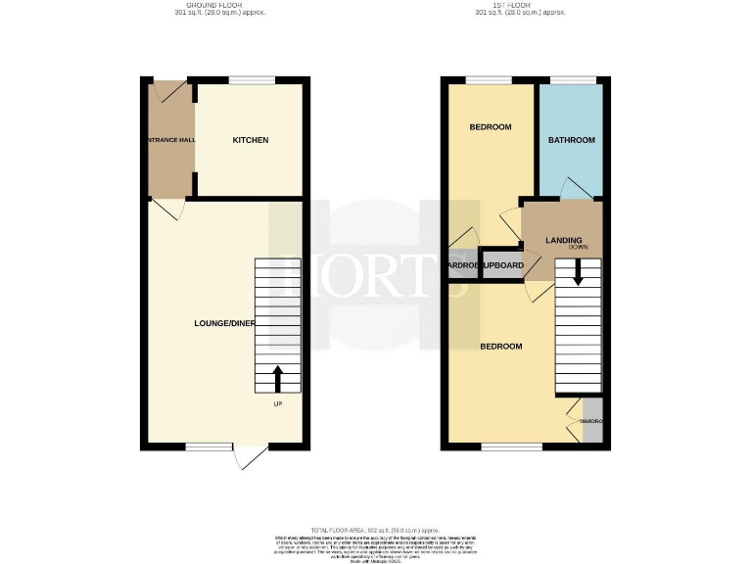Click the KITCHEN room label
click(x=250, y=141)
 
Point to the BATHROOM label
click(x=571, y=141)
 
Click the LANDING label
click(x=564, y=240)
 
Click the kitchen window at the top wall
click(x=252, y=80)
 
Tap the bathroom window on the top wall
click(x=572, y=80)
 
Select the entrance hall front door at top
click(x=166, y=90)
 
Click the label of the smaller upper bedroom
click(x=490, y=127)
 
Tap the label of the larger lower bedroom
click(x=500, y=347)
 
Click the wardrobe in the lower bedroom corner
click(x=591, y=420)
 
